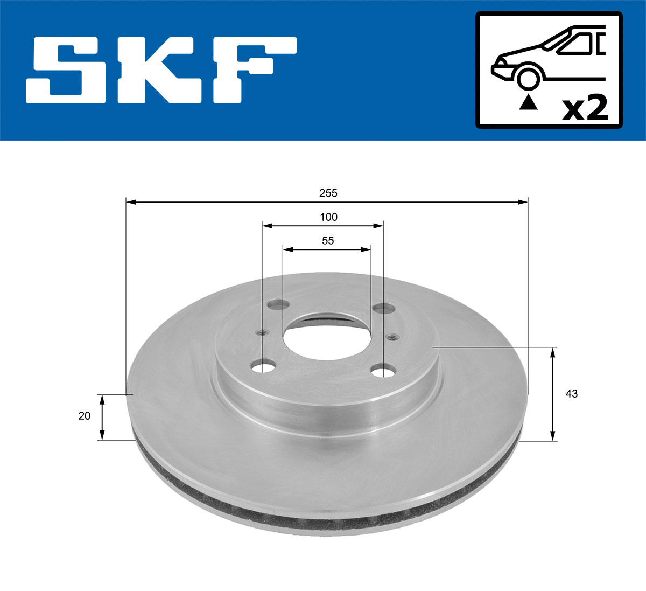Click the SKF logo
click(x=161, y=70)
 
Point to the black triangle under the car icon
click(x=528, y=102)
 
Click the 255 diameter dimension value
click(x=328, y=193)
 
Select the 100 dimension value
click(x=328, y=217)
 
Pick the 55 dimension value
click(x=328, y=241)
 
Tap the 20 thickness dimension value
click(x=85, y=416)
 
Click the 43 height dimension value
click(x=572, y=394)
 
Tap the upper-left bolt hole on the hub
click(x=278, y=305)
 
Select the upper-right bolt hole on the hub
click(x=383, y=308)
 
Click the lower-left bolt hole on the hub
click(x=263, y=367)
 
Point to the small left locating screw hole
click(x=263, y=332)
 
